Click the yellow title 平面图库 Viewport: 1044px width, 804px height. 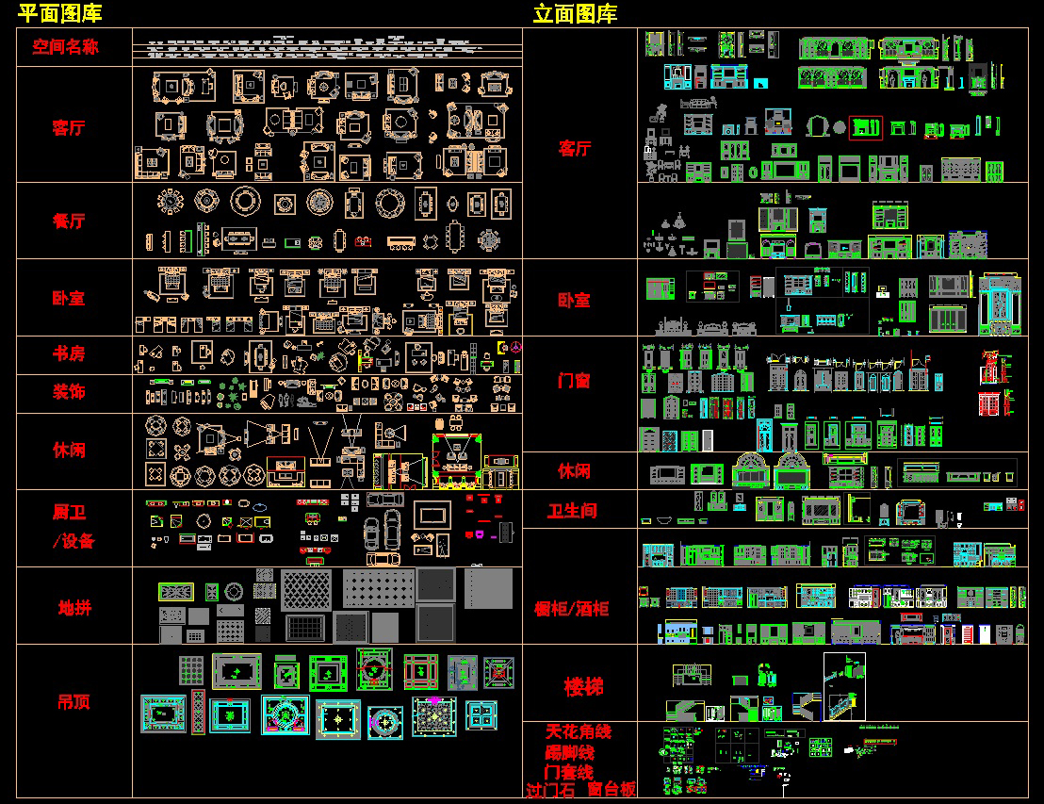point(60,13)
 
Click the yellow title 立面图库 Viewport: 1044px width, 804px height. point(575,13)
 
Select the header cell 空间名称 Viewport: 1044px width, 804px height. point(65,46)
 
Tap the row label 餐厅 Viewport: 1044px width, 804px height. point(69,221)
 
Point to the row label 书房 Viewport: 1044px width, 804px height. point(69,353)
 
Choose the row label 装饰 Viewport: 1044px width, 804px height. point(69,391)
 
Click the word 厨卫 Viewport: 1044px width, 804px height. point(69,513)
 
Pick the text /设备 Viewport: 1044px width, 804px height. point(73,541)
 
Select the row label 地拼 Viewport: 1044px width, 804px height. point(74,608)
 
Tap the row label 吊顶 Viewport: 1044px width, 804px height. point(73,701)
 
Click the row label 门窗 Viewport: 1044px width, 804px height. point(574,381)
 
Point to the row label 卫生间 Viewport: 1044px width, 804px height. point(573,511)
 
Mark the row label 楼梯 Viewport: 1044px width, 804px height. point(583,686)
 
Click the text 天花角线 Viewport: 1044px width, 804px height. point(579,732)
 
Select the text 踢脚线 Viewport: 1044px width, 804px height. point(569,753)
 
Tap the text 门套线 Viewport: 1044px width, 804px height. point(569,773)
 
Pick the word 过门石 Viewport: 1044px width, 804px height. point(550,791)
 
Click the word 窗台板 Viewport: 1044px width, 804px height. point(612,790)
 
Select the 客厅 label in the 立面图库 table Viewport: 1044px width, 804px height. point(574,148)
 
